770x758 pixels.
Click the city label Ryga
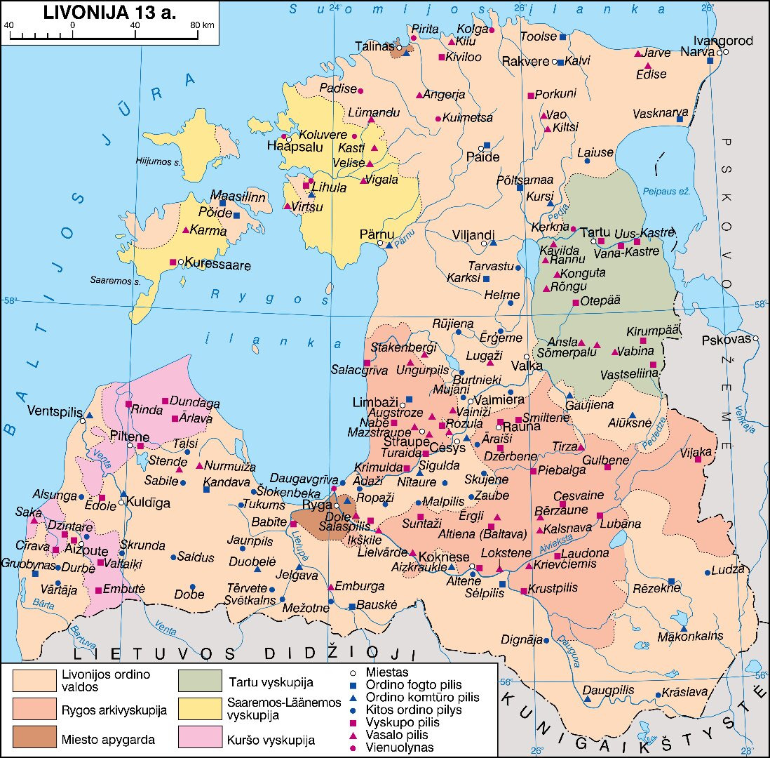click(x=317, y=506)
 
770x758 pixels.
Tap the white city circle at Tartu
click(x=593, y=241)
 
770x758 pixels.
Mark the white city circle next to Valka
click(x=527, y=357)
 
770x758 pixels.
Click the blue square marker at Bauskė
click(x=352, y=606)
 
